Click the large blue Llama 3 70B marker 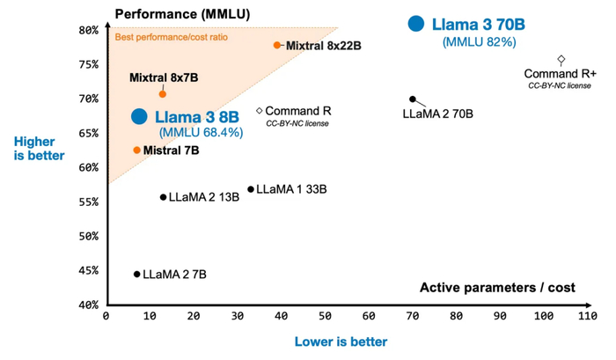point(416,25)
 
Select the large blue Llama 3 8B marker point(139,116)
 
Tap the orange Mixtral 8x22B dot point(277,45)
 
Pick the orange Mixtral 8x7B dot point(162,94)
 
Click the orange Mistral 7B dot point(136,151)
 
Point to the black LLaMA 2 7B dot point(136,274)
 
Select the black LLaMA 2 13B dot point(163,197)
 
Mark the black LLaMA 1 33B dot point(251,189)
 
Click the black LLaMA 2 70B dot point(413,99)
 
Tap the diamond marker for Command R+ point(561,59)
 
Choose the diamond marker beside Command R point(260,111)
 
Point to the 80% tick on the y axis point(87,30)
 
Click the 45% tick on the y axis point(87,270)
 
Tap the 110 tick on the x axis point(587,315)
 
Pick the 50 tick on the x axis point(326,315)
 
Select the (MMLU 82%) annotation point(479,41)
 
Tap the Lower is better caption point(342,342)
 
